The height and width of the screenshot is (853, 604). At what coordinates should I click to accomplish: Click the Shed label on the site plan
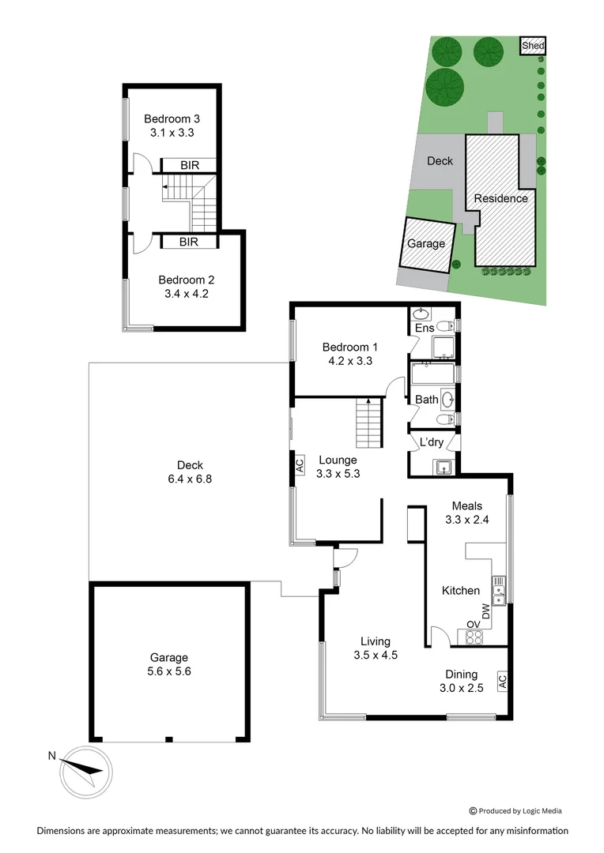pyautogui.click(x=533, y=46)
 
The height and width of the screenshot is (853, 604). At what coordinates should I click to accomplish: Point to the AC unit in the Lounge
pyautogui.click(x=300, y=466)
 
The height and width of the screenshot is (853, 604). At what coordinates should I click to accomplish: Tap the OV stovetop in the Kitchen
pyautogui.click(x=473, y=636)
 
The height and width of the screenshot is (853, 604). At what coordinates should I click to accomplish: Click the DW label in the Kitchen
pyautogui.click(x=486, y=611)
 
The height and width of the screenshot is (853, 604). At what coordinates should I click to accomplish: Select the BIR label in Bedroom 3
pyautogui.click(x=189, y=165)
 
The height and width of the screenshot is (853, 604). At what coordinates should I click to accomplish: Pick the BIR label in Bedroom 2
pyautogui.click(x=188, y=242)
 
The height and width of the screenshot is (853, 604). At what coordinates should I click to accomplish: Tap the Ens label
pyautogui.click(x=425, y=328)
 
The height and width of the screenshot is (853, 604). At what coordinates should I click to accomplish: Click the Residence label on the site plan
pyautogui.click(x=500, y=198)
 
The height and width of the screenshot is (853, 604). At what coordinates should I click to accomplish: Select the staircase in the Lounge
pyautogui.click(x=368, y=423)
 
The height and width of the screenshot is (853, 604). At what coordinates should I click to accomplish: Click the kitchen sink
pyautogui.click(x=499, y=586)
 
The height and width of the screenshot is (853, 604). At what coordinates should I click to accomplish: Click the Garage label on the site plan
pyautogui.click(x=426, y=244)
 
